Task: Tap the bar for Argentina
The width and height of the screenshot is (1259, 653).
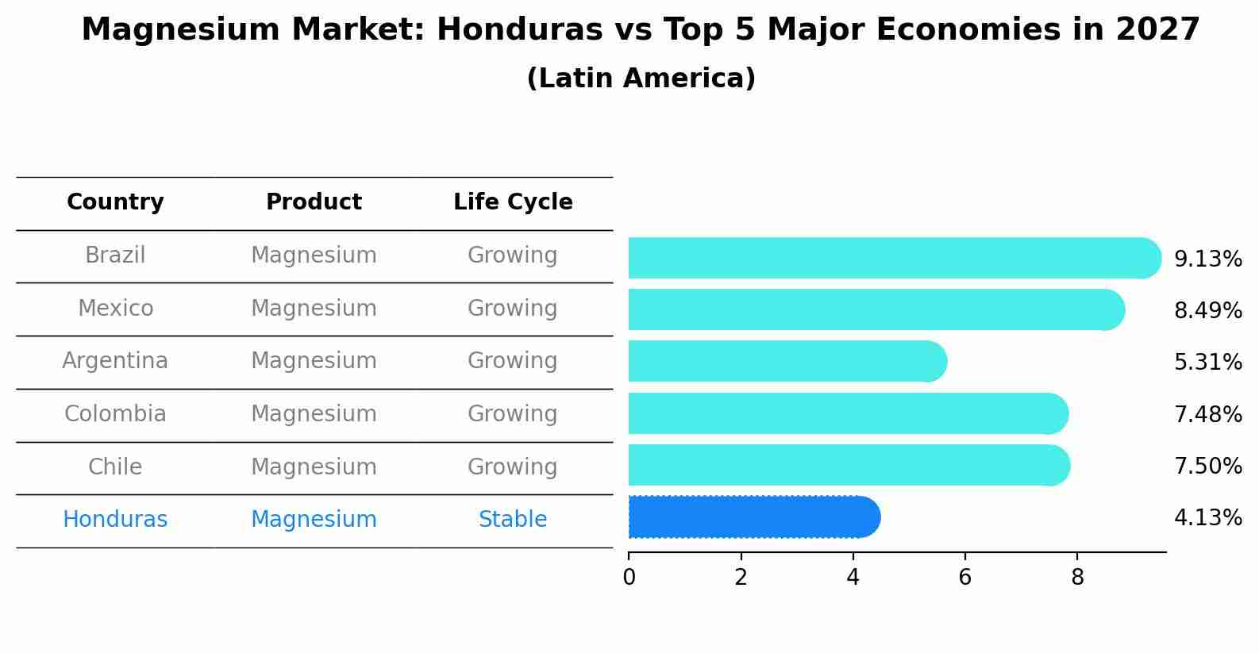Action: pyautogui.click(x=786, y=362)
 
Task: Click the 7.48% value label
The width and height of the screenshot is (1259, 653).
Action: pyautogui.click(x=1207, y=414)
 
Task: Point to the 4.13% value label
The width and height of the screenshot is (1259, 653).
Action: pyautogui.click(x=1207, y=518)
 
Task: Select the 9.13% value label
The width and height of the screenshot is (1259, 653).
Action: pyautogui.click(x=1207, y=259)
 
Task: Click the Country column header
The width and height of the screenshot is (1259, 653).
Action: pyautogui.click(x=115, y=202)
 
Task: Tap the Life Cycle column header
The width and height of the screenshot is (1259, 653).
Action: pyautogui.click(x=513, y=202)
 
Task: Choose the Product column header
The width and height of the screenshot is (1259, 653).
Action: pyautogui.click(x=314, y=202)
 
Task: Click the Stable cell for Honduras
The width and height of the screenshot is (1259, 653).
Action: pyautogui.click(x=513, y=520)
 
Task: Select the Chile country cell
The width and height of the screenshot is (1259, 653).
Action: pyautogui.click(x=115, y=467)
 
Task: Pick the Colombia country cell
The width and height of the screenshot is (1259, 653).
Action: pyautogui.click(x=115, y=414)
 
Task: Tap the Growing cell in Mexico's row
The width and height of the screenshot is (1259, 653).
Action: pyautogui.click(x=513, y=308)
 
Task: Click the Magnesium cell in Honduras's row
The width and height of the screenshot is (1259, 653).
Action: pyautogui.click(x=314, y=520)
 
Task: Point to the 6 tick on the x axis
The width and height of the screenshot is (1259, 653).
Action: pyautogui.click(x=964, y=578)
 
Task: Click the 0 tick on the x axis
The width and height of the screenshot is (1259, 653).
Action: pyautogui.click(x=629, y=578)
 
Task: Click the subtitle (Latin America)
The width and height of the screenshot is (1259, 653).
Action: pyautogui.click(x=641, y=79)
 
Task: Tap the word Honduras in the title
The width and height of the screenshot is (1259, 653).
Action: pyautogui.click(x=519, y=30)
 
